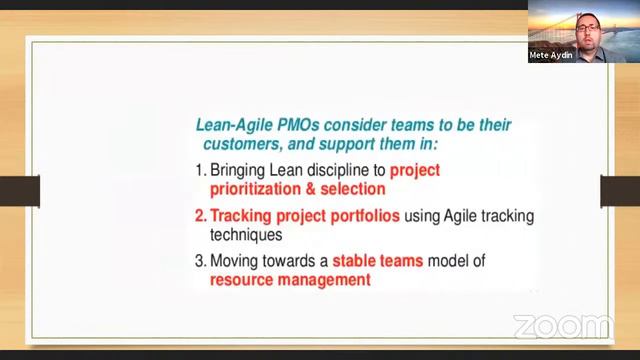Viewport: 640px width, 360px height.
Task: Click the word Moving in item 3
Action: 238,262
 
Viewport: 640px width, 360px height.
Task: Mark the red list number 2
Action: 199,216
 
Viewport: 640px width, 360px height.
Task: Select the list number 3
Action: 199,262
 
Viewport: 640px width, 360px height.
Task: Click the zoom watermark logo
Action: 562,326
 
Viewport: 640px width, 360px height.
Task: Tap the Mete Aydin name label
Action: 550,57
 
